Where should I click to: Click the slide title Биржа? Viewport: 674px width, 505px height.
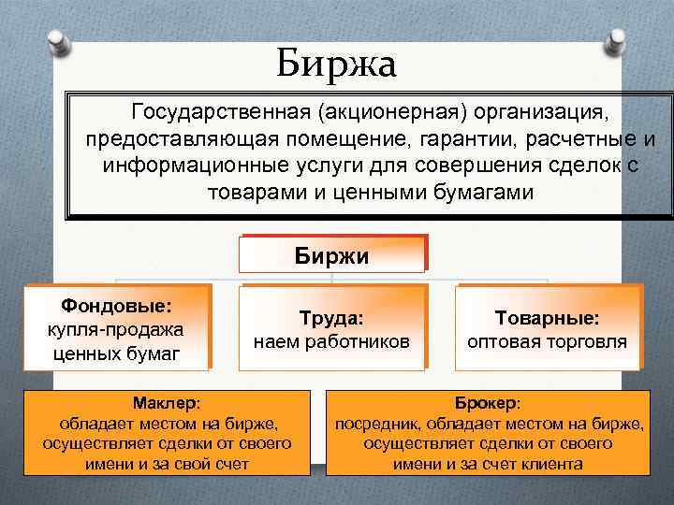(x=337, y=64)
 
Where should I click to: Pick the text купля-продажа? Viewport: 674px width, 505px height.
(x=115, y=329)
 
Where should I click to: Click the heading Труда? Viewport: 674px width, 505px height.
(x=331, y=318)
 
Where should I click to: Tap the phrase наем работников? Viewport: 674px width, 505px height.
(x=331, y=341)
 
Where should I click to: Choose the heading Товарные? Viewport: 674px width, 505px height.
(x=547, y=318)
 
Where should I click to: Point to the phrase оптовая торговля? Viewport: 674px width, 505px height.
(x=547, y=341)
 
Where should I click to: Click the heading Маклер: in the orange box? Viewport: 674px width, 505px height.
(x=166, y=402)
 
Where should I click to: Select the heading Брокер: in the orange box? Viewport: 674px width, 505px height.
(x=488, y=402)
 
